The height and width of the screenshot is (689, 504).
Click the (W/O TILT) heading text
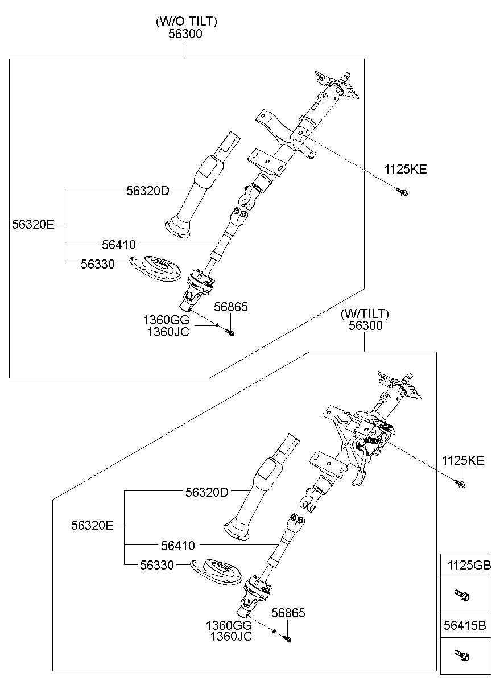pos(186,22)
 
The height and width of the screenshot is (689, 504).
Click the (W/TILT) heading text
pos(365,313)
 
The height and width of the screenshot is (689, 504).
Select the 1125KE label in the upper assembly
pos(406,169)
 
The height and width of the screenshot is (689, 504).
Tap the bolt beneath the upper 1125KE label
pos(403,193)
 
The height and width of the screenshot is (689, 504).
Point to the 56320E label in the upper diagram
pos(33,224)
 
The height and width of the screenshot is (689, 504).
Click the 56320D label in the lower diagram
pos(206,492)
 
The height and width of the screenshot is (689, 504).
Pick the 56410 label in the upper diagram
pos(119,245)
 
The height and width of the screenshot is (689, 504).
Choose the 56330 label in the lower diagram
pos(157,564)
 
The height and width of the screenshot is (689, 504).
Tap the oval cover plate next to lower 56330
pos(216,571)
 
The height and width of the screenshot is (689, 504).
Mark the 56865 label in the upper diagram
pos(231,307)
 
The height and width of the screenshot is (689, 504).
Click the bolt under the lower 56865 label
pos(287,639)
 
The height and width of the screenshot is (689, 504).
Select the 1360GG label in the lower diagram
pos(229,625)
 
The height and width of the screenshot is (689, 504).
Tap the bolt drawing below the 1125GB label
pos(461,595)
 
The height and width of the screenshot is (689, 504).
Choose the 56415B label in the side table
pos(465,626)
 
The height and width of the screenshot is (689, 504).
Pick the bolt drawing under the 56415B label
pos(461,655)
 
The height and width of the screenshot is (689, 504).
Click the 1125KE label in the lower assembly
pos(464,460)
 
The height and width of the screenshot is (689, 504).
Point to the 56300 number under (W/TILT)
pos(365,326)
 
